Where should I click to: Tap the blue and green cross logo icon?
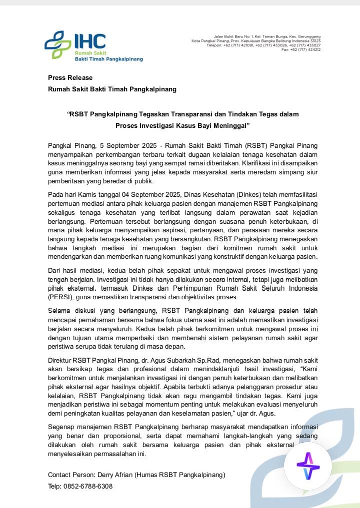coord(58,45)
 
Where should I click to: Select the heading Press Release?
coord(70,77)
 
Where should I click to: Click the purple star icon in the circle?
coord(308,466)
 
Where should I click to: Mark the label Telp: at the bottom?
coord(55,486)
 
